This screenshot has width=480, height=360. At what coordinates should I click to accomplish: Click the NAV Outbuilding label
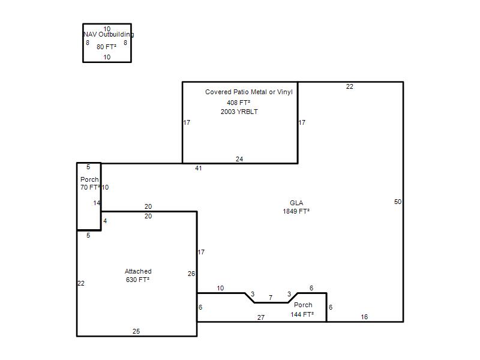(109, 35)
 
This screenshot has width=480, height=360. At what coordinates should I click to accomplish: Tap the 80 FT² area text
(107, 47)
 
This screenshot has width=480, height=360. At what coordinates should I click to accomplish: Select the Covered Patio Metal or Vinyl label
(249, 92)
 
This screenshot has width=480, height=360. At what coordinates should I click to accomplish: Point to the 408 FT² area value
(238, 103)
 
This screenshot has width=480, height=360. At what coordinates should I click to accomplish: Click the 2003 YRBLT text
(239, 112)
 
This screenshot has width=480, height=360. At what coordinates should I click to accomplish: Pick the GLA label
(296, 203)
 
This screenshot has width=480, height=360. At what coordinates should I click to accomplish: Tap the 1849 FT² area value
(296, 211)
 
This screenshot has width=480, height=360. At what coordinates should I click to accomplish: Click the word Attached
(138, 271)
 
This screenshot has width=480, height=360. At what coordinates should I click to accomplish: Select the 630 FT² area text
(137, 280)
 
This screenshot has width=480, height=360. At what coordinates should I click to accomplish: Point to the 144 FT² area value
(302, 314)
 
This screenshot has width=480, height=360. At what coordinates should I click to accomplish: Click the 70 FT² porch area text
(90, 187)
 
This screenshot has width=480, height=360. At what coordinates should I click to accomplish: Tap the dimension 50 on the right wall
(398, 202)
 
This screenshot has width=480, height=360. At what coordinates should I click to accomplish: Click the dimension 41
(199, 168)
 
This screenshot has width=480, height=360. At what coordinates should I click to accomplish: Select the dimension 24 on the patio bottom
(239, 159)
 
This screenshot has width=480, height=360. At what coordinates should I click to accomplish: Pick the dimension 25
(136, 331)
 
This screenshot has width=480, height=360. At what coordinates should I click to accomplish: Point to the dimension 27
(261, 317)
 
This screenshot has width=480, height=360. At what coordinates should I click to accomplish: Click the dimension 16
(364, 317)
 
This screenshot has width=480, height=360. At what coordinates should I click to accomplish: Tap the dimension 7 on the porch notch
(271, 298)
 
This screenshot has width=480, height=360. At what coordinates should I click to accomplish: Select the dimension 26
(191, 274)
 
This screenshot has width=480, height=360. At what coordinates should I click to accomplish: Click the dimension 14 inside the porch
(97, 203)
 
